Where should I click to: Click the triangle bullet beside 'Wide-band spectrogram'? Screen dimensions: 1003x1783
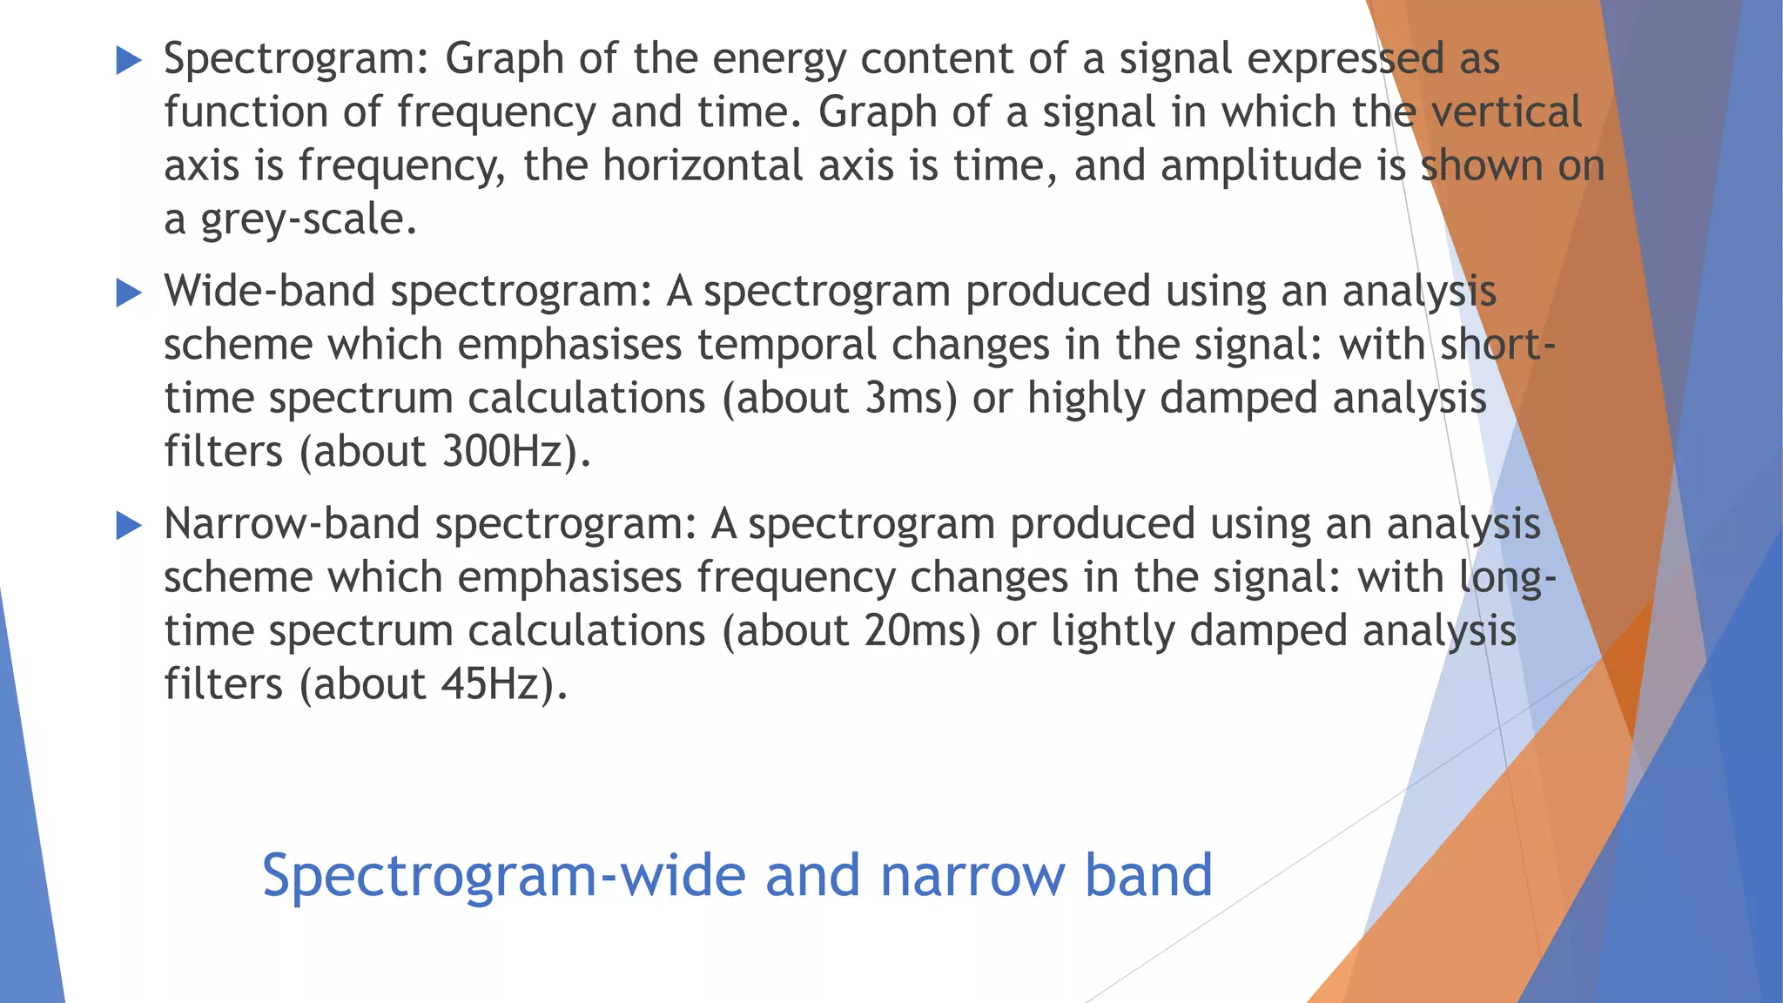(x=128, y=293)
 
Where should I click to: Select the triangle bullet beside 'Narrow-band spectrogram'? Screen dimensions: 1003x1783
(x=128, y=526)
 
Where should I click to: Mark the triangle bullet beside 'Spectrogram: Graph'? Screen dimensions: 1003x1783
(x=128, y=61)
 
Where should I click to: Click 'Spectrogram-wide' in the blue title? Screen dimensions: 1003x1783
(x=503, y=877)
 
